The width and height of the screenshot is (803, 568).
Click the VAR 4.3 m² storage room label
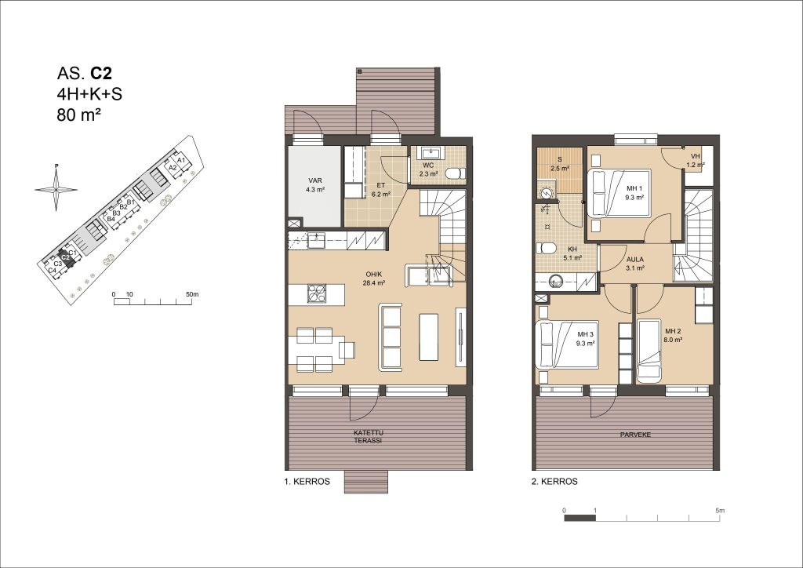click(x=315, y=185)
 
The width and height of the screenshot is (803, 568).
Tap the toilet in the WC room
click(x=455, y=173)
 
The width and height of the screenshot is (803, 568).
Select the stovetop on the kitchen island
click(x=317, y=293)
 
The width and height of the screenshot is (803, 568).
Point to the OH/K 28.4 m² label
click(x=374, y=278)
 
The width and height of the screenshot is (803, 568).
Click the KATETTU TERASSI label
click(x=368, y=437)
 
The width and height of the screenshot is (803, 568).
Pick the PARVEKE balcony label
click(x=635, y=435)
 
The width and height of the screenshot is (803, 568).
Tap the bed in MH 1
click(x=618, y=193)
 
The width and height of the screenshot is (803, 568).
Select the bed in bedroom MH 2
click(x=649, y=351)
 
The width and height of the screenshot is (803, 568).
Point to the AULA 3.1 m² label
click(x=635, y=264)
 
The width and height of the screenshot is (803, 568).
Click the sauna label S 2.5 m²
click(x=560, y=164)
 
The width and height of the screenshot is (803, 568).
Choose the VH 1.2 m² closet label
click(x=696, y=160)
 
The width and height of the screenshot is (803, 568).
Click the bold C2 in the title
click(x=101, y=74)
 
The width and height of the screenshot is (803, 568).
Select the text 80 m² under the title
click(x=78, y=115)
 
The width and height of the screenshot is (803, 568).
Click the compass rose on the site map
click(x=56, y=188)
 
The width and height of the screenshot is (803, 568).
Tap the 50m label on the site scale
click(x=192, y=294)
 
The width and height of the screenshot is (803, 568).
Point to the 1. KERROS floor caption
click(x=307, y=482)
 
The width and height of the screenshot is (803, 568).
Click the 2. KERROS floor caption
click(x=554, y=482)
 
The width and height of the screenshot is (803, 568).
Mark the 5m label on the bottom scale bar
click(x=720, y=511)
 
